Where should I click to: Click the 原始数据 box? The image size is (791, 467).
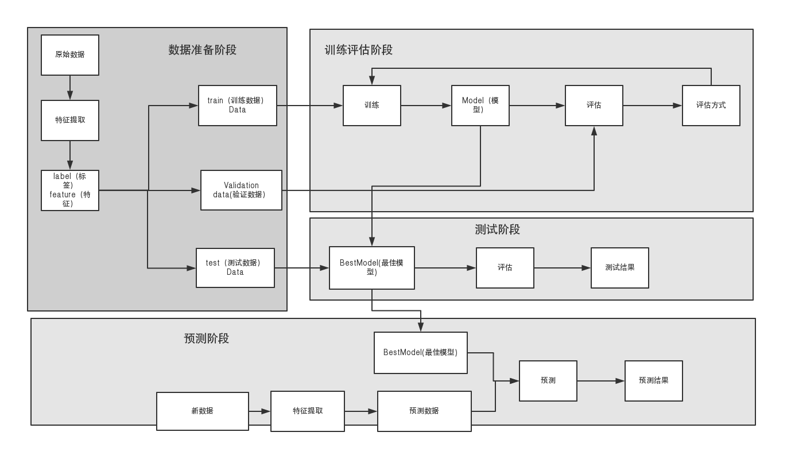[70, 55]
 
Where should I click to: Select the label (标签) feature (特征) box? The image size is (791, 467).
[70, 190]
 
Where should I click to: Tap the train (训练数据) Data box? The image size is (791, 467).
[238, 106]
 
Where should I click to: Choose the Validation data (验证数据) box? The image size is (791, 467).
[241, 190]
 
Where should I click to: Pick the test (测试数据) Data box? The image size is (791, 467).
[235, 268]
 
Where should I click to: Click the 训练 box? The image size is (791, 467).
[372, 106]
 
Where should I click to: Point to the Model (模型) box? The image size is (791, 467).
[480, 106]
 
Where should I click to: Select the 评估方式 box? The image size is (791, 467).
[711, 106]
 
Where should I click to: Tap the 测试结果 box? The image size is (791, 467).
[620, 268]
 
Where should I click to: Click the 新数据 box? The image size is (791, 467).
[203, 411]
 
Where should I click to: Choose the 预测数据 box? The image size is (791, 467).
[424, 411]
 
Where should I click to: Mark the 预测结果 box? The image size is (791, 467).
[654, 381]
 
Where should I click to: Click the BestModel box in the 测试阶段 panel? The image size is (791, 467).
[372, 268]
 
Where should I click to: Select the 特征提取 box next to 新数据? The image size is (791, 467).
[308, 411]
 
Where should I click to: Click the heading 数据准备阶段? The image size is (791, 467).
[203, 50]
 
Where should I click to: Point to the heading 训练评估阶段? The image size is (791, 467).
[359, 50]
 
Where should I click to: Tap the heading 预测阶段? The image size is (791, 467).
[207, 338]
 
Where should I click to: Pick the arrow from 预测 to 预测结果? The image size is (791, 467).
[600, 381]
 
